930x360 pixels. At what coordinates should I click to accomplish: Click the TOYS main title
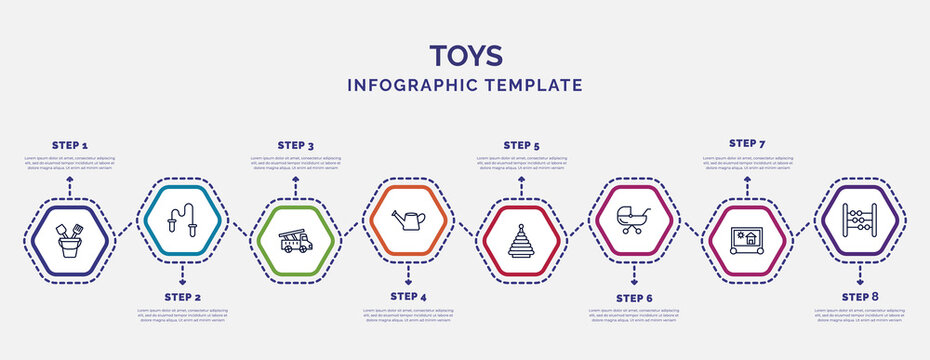coord(465,54)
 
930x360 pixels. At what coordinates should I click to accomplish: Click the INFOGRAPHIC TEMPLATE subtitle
coord(465,85)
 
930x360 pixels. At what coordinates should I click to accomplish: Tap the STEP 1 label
coord(69,146)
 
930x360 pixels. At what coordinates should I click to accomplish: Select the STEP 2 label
coord(182,297)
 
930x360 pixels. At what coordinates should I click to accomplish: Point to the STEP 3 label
coord(295,146)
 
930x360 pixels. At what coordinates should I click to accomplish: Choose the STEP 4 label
coord(408,297)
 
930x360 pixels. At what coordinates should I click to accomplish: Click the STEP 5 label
coord(521,146)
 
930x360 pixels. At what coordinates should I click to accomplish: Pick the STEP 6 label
coord(634,297)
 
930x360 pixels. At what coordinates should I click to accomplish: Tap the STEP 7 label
coord(747,143)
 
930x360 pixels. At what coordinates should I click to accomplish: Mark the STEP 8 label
coord(860,297)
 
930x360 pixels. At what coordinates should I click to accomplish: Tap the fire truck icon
coord(295,241)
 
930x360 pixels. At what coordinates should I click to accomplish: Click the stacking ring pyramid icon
coord(521,241)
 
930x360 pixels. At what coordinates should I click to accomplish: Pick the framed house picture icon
coord(747,241)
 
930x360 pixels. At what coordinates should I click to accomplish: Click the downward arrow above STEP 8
coord(860,270)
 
